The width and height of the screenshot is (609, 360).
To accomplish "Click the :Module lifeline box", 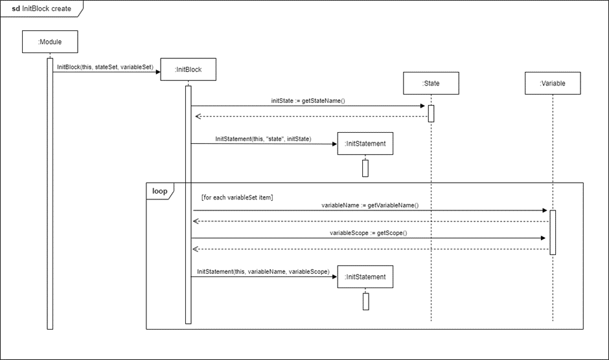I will tap(50, 43).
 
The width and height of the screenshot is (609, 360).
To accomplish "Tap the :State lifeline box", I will tap(431, 83).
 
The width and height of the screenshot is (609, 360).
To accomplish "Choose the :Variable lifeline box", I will tap(552, 83).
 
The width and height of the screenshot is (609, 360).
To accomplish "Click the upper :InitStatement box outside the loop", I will tap(365, 144).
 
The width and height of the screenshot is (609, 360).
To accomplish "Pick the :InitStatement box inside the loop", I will tap(365, 277).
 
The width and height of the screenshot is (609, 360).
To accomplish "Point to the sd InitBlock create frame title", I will tap(42, 9).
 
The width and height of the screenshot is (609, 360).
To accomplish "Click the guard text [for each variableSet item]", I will tap(237, 197).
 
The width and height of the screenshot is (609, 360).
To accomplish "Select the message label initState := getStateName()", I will tap(308, 101).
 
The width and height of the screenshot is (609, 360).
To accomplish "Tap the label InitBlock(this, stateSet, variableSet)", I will tap(105, 67).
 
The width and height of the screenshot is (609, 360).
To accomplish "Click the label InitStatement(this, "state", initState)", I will tap(263, 139).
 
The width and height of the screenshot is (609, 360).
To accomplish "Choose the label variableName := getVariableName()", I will tap(370, 205).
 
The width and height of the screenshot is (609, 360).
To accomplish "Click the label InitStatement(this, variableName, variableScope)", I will tap(263, 271).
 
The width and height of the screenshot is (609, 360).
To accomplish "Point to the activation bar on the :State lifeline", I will tap(431, 113).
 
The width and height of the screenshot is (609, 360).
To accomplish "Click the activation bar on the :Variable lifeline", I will tap(553, 232).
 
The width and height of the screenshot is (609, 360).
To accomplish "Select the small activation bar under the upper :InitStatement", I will tap(365, 168).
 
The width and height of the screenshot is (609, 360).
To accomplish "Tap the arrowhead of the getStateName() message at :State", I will tap(423, 106).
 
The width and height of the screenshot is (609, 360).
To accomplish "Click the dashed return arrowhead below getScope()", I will tap(196, 249).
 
